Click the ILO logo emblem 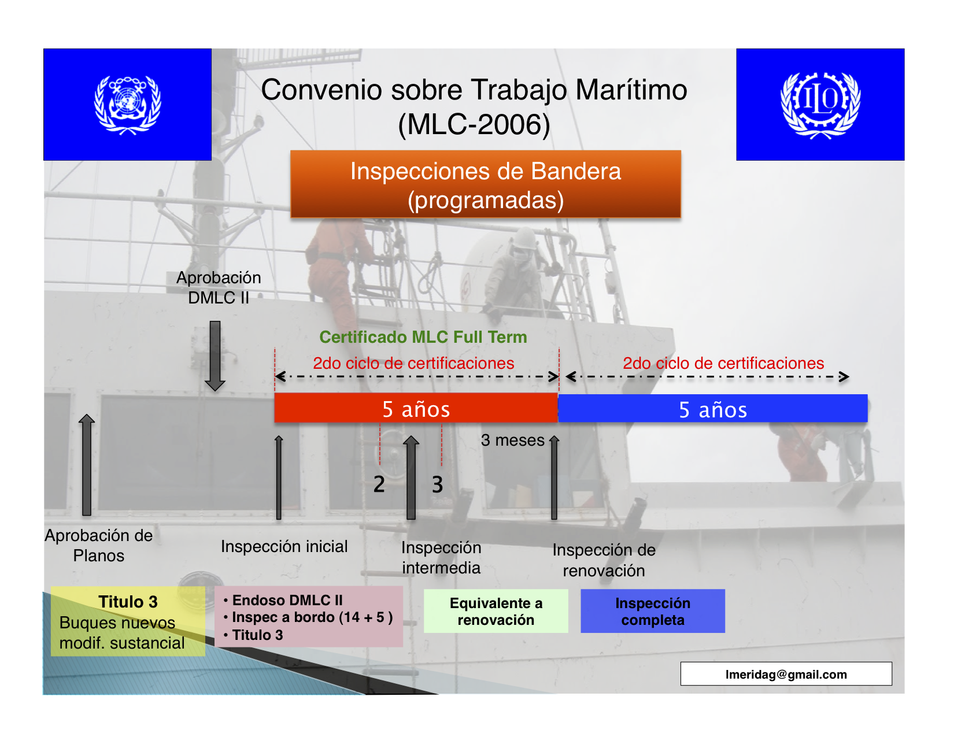[x=820, y=105]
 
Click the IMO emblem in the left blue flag [x=128, y=105]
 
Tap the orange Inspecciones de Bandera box [x=486, y=184]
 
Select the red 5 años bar [x=416, y=408]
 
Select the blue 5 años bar [x=712, y=408]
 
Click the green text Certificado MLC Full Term [x=423, y=337]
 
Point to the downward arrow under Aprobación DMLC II [x=215, y=355]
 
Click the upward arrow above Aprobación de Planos [x=87, y=464]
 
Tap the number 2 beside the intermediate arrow [x=379, y=484]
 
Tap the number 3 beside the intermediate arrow [x=437, y=484]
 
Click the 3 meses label [x=512, y=440]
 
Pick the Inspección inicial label [x=284, y=546]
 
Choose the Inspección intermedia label [x=441, y=558]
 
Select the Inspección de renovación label [x=604, y=561]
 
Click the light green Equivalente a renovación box [x=496, y=611]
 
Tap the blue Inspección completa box [x=652, y=611]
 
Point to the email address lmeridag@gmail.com [x=786, y=674]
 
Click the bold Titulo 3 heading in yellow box [x=128, y=602]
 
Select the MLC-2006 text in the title [x=474, y=125]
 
